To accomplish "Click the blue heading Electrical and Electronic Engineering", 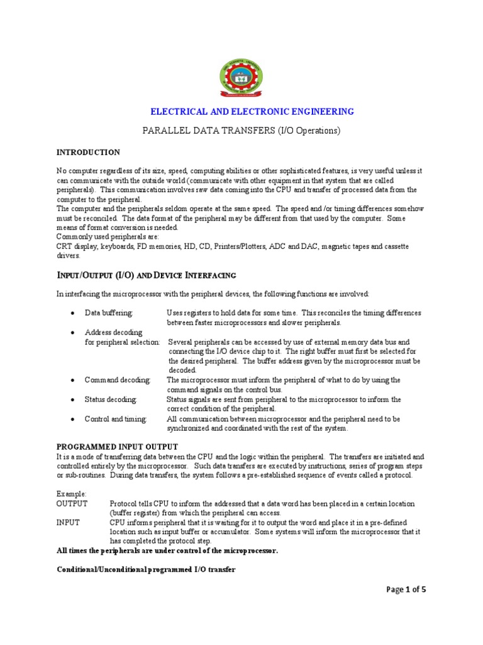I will pyautogui.click(x=252, y=111).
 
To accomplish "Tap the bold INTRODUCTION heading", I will pyautogui.click(x=88, y=152).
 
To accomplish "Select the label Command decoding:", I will pyautogui.click(x=118, y=380).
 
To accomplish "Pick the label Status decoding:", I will pyautogui.click(x=110, y=399).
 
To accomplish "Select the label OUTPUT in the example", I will pyautogui.click(x=72, y=504).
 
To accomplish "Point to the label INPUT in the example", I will pyautogui.click(x=68, y=523).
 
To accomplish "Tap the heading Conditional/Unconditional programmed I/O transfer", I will pyautogui.click(x=146, y=569).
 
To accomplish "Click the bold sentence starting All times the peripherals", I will pyautogui.click(x=167, y=551).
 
